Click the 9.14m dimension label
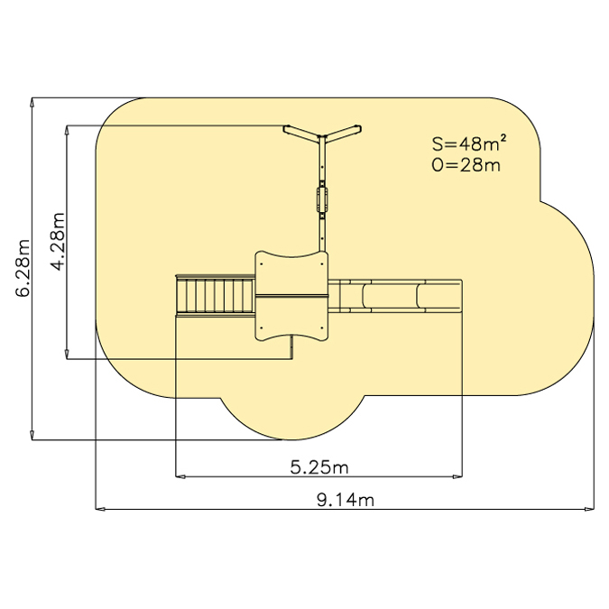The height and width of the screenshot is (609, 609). click(x=346, y=500)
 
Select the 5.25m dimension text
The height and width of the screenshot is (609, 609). click(x=319, y=467)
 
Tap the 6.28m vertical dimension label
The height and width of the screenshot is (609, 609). click(x=23, y=268)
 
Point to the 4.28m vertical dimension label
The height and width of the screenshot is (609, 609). click(x=58, y=242)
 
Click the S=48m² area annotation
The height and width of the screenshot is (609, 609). click(x=469, y=143)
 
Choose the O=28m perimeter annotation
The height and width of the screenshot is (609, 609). click(x=466, y=165)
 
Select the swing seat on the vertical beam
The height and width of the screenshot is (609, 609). click(x=322, y=199)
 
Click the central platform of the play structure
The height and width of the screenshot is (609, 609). click(x=291, y=296)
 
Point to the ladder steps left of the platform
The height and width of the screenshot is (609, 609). click(x=215, y=296)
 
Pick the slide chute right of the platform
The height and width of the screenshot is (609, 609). click(x=395, y=296)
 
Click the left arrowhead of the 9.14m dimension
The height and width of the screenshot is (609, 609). click(x=100, y=509)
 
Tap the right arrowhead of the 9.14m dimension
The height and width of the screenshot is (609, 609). click(x=589, y=509)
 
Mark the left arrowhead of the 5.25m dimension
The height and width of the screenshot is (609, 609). click(x=180, y=476)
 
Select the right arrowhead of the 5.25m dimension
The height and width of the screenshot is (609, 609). click(x=457, y=476)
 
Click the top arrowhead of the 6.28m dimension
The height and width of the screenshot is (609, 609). click(x=32, y=103)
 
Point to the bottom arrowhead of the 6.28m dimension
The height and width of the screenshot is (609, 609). click(x=32, y=435)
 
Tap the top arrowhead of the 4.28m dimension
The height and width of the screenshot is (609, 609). click(x=67, y=130)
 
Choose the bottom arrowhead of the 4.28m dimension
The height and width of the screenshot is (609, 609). click(x=67, y=355)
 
